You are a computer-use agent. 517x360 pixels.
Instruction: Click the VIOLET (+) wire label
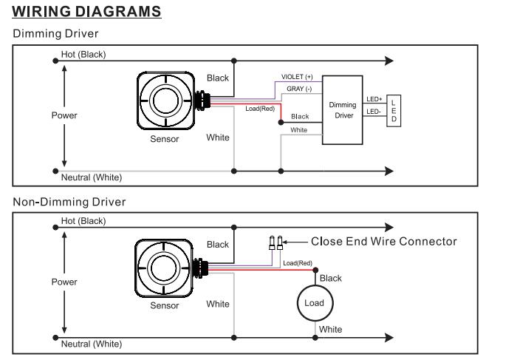point(297,77)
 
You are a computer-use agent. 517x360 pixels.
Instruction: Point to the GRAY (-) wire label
point(299,89)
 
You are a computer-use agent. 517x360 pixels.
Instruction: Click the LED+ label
point(374,99)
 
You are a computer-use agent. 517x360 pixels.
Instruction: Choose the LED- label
point(374,112)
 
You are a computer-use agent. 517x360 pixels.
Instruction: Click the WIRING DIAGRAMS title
point(86,12)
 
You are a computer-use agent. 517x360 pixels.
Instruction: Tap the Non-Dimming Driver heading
point(69,202)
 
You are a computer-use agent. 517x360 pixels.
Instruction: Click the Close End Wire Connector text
point(384,242)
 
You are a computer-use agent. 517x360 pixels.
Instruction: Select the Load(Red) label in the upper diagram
point(260,109)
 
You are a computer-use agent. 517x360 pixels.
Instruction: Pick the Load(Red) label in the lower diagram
point(298,263)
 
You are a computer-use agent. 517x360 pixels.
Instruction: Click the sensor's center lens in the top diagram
point(165,101)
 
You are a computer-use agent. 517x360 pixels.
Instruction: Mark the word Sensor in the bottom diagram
point(165,305)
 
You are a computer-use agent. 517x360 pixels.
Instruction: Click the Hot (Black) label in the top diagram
point(83,55)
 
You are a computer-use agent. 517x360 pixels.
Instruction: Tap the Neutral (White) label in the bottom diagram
point(92,344)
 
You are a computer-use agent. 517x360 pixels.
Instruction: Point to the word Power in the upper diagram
point(64,115)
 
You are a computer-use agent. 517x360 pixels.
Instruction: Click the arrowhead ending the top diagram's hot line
point(389,61)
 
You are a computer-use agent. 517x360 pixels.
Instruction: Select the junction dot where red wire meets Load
point(315,271)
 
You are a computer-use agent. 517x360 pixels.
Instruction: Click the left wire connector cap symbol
point(272,243)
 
